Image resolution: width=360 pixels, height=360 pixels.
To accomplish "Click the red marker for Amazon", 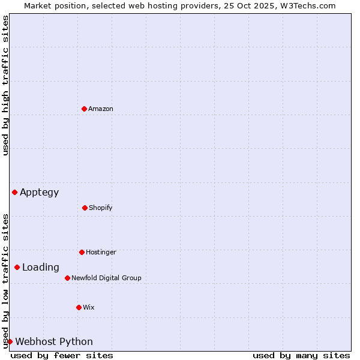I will point(84,109).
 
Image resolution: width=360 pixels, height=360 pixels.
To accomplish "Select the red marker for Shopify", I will point(85,208).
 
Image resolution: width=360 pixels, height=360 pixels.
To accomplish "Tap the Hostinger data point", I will point(82,252).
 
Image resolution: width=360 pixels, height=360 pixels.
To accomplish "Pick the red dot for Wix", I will point(79,307).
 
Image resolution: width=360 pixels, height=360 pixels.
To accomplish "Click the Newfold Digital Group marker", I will point(67,278).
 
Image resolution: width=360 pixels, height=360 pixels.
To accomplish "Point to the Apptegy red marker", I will point(14,192).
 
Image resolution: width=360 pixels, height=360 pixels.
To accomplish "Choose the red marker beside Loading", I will point(17,267).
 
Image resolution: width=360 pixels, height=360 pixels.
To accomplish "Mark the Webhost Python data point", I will point(10,341).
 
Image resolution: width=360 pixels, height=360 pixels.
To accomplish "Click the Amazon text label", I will point(101,109).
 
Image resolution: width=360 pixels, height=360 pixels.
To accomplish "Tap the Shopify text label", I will point(101,208).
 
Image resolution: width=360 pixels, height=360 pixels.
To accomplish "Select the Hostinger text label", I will point(101,252).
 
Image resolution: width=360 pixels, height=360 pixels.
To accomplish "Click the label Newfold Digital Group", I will point(106,278).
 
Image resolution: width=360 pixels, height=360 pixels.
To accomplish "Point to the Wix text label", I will point(89,307).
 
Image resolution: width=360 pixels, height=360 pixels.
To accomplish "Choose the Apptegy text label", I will point(40,193).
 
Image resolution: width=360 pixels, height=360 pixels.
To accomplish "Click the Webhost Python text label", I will point(54,342).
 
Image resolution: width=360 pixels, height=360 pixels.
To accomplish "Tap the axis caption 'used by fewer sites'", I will point(62,355).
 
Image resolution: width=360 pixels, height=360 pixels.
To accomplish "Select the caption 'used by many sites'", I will point(301,355).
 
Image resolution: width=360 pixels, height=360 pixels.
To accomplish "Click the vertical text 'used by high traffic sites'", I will point(5,85).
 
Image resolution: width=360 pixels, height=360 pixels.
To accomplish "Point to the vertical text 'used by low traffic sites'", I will point(5,281).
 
